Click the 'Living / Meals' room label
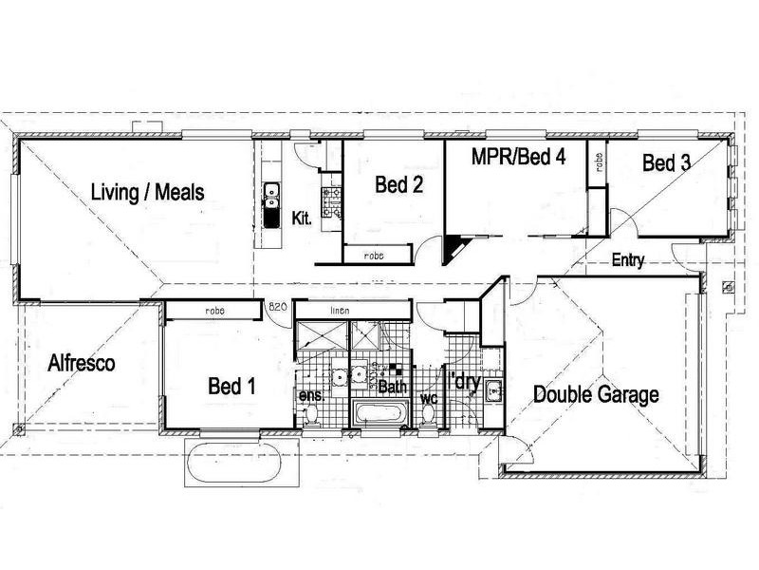(x=147, y=192)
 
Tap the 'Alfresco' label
(x=82, y=362)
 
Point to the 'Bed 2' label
(x=398, y=183)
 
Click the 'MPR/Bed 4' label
(x=519, y=157)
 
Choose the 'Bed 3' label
(x=666, y=163)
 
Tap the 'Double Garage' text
(x=595, y=394)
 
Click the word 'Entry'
(x=630, y=258)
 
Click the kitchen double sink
(x=270, y=196)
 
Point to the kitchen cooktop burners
(x=331, y=199)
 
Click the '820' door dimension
(x=277, y=308)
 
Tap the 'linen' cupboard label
(x=341, y=310)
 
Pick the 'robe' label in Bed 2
(x=377, y=255)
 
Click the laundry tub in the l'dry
(x=494, y=389)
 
